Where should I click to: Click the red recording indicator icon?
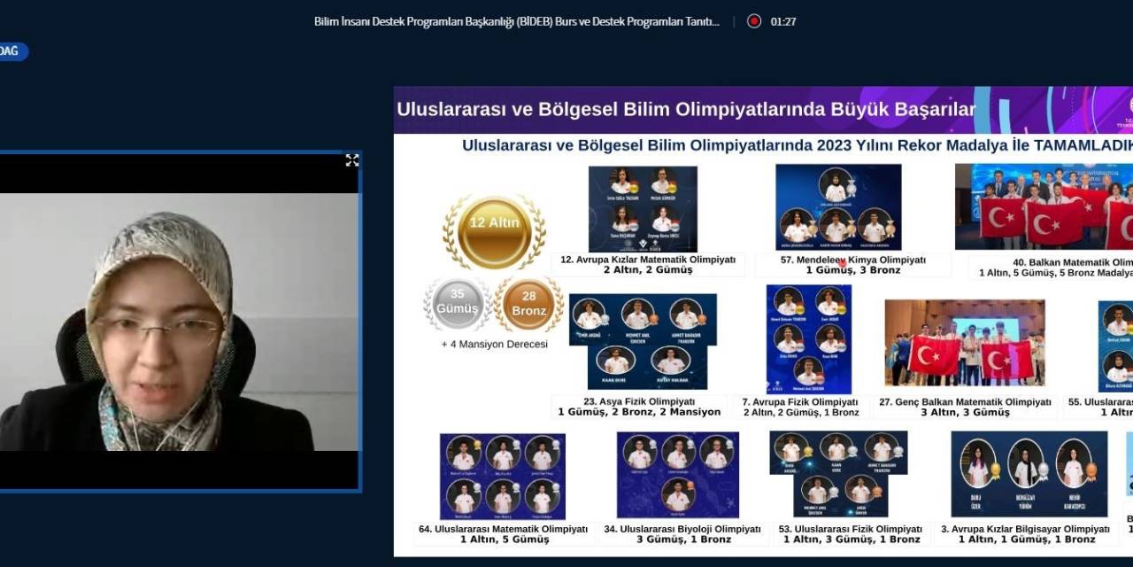click(754, 21)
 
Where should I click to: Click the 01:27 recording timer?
click(783, 21)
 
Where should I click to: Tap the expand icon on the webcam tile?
click(351, 160)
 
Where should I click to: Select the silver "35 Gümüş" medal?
click(457, 303)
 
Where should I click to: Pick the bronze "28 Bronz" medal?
click(529, 304)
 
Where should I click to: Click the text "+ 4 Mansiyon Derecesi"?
click(495, 344)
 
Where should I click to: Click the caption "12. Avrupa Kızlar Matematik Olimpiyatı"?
click(648, 260)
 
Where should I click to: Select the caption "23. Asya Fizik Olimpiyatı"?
click(639, 401)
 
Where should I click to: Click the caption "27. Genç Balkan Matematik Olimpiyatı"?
click(965, 401)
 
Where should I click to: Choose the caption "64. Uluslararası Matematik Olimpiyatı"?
click(503, 529)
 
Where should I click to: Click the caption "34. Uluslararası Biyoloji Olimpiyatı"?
click(682, 529)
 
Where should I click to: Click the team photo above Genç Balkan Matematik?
click(965, 343)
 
